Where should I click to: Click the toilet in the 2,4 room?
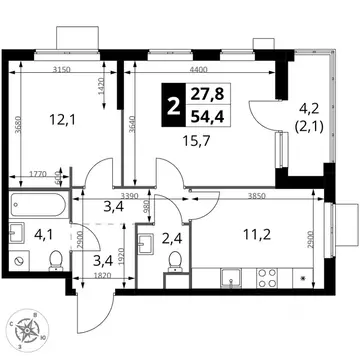(x=176, y=260)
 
